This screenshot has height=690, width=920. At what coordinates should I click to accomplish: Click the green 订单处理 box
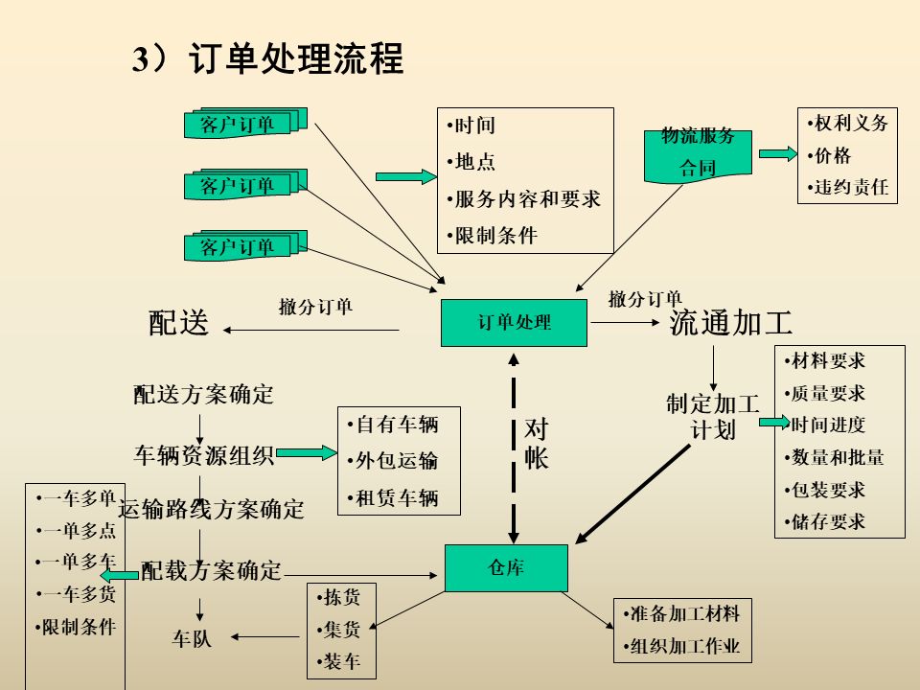(x=514, y=323)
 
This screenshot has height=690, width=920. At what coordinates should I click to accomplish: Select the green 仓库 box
(x=506, y=568)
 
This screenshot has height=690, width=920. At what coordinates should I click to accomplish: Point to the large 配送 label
(x=178, y=323)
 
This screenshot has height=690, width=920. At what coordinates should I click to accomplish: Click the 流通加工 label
(x=731, y=323)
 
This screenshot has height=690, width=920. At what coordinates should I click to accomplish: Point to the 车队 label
(x=192, y=638)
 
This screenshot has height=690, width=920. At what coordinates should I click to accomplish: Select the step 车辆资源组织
(x=204, y=454)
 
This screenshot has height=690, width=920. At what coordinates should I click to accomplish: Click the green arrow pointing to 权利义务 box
(x=777, y=153)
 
